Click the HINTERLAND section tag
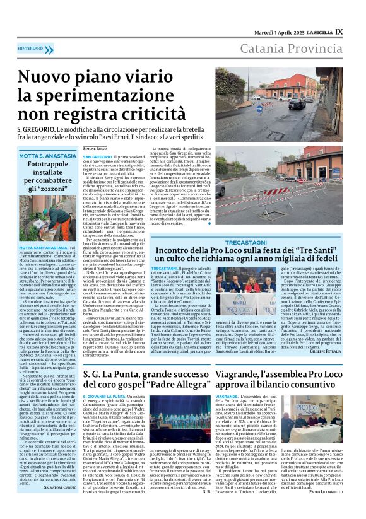pyautogui.click(x=30, y=48)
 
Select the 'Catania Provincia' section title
pyautogui.click(x=290, y=49)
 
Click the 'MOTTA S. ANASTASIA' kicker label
pyautogui.click(x=48, y=155)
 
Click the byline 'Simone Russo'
pyautogui.click(x=95, y=148)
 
